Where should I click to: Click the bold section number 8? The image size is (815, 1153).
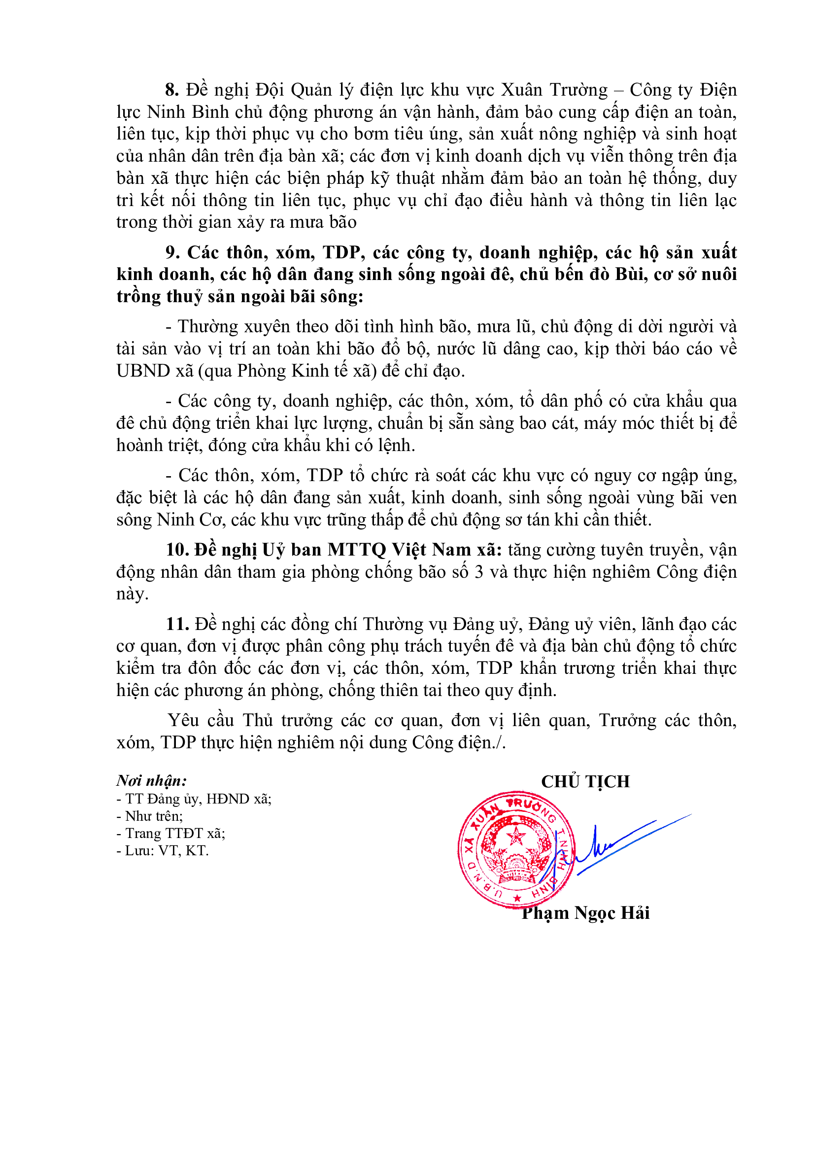point(172,90)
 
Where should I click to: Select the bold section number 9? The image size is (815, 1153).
point(172,252)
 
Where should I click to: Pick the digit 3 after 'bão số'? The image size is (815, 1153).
point(479,572)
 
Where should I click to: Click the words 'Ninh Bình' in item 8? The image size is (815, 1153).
point(188,112)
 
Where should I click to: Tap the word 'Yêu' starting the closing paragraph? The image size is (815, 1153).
point(184,721)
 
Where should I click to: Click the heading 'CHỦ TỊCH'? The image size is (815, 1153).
point(585,782)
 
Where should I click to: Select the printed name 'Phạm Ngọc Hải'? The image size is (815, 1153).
point(586,913)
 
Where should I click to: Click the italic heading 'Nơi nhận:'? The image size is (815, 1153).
point(152,781)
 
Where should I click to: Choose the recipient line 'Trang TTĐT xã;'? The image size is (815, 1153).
point(170,834)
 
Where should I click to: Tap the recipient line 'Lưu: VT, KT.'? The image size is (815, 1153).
point(163,851)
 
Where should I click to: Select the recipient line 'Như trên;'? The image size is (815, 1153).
point(150,816)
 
